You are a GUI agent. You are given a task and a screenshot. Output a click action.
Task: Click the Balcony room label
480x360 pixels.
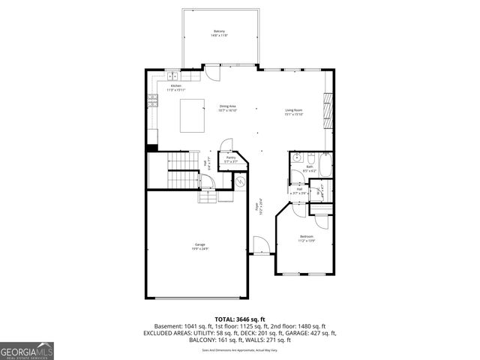(219, 33)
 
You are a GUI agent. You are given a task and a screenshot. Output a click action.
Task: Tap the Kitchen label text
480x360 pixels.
(175, 88)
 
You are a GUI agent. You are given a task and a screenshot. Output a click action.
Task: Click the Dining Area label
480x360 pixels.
(228, 108)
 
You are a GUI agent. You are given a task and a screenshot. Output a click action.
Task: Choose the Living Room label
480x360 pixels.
(292, 112)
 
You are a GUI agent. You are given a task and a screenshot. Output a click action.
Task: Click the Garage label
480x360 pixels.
(200, 246)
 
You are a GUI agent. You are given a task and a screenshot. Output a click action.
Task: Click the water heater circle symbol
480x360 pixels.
(241, 181)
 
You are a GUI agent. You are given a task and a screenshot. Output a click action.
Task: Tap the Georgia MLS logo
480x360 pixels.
(25, 351)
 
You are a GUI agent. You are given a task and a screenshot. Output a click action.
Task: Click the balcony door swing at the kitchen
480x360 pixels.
(214, 73)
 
